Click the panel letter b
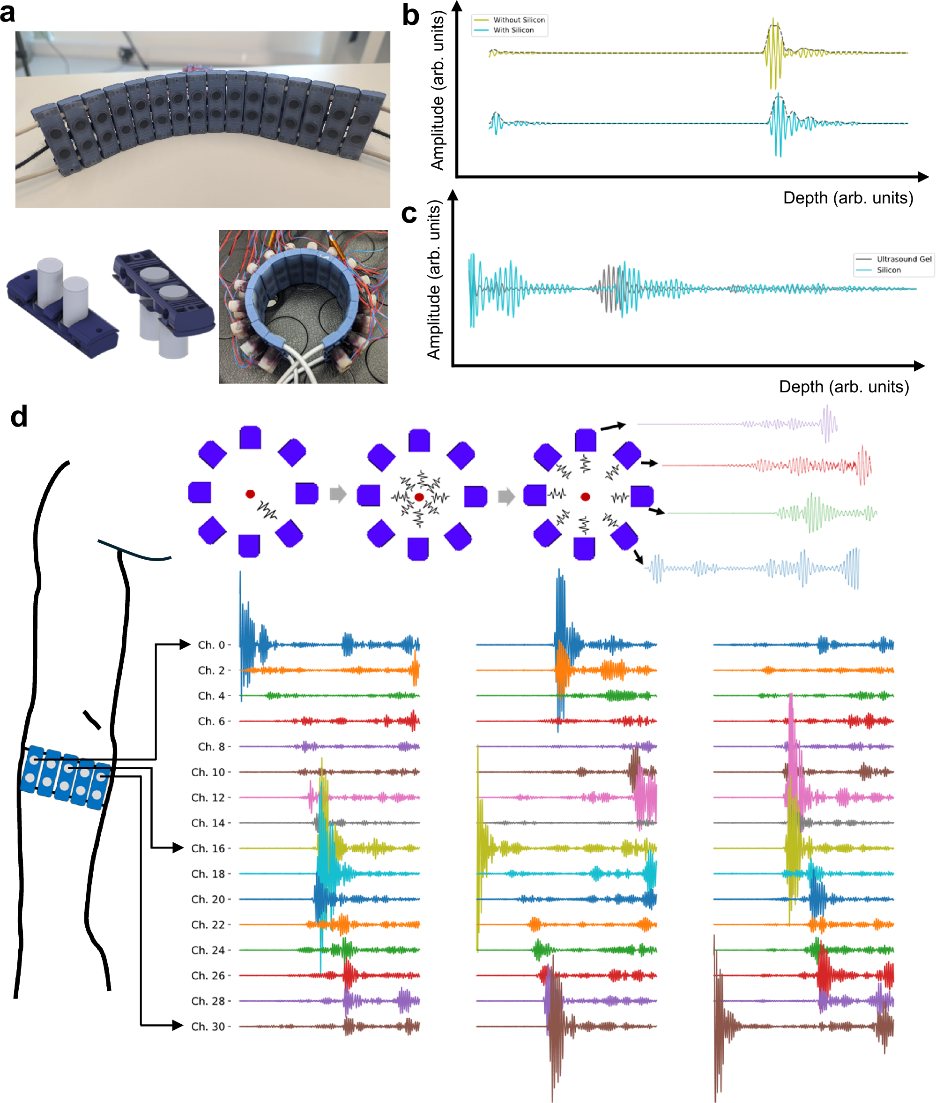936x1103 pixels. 411,16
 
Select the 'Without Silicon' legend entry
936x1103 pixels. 519,20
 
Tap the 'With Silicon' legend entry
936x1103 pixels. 513,30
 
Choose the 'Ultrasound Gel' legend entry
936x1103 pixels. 904,259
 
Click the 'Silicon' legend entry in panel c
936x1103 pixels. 888,270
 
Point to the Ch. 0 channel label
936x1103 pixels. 211,645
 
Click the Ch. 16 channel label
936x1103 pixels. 208,848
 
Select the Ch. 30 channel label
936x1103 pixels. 208,1027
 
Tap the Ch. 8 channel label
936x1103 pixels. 211,747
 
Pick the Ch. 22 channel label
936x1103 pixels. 208,925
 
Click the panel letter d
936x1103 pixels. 19,417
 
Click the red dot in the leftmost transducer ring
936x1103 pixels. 250,494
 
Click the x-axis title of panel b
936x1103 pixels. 848,198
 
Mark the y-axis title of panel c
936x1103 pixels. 434,280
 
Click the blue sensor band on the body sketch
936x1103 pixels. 65,778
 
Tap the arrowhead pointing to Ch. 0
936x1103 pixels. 185,645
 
